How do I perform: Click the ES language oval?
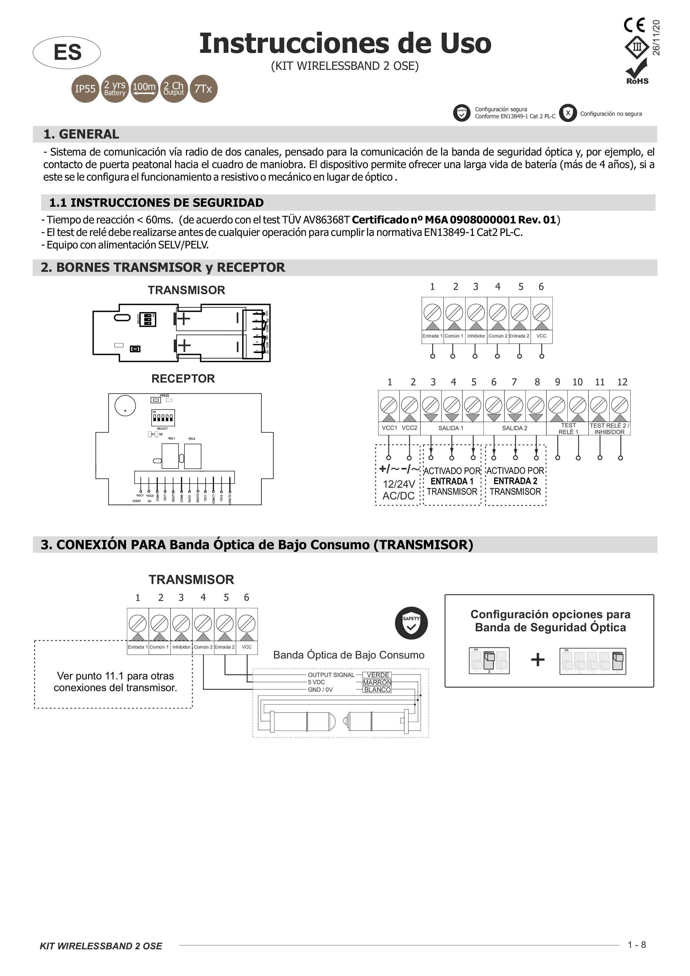point(67,53)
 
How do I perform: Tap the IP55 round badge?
point(85,89)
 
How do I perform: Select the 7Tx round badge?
point(203,89)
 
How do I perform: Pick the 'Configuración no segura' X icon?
point(568,113)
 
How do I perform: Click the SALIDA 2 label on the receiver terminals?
point(514,428)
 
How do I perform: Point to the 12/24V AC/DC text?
point(398,490)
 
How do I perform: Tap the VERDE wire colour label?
point(378,675)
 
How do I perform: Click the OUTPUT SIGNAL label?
point(331,675)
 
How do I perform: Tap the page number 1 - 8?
point(636,945)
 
